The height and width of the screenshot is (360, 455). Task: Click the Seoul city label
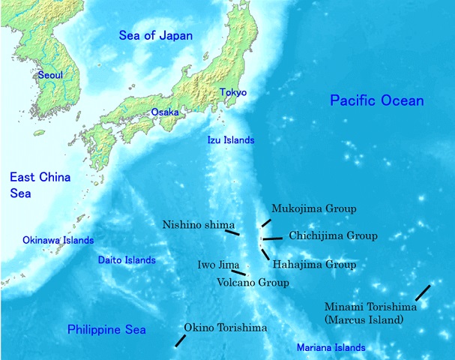point(51,75)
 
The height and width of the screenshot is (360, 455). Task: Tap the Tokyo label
point(232,92)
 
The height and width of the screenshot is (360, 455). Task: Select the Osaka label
point(165,112)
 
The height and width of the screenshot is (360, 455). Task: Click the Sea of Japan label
point(156,35)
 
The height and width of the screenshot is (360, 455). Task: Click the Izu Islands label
point(231,140)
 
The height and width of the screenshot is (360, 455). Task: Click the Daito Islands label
point(127,260)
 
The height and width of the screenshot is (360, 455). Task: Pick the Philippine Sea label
point(106,330)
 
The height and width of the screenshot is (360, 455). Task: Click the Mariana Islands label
point(331,348)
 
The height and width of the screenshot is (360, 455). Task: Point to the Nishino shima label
point(198,224)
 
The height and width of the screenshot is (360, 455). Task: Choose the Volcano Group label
point(252,283)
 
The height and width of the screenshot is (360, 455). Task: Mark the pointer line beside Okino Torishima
point(180,340)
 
